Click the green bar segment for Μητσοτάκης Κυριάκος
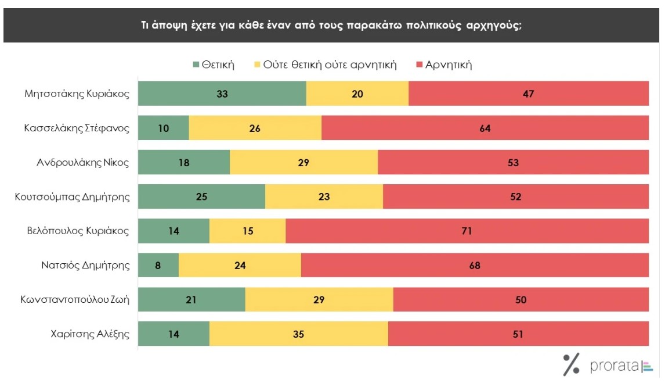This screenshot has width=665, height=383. [x=222, y=94]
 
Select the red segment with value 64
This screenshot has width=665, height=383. [x=485, y=128]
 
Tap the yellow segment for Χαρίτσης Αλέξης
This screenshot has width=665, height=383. [x=298, y=334]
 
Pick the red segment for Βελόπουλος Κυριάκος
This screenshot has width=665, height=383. [x=467, y=231]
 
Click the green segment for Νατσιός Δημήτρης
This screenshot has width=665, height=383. [x=158, y=266]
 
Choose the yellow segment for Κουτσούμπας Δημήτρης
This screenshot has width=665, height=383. [x=324, y=197]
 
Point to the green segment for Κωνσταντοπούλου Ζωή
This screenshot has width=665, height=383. [x=191, y=300]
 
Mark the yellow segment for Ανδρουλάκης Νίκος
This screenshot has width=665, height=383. [x=303, y=163]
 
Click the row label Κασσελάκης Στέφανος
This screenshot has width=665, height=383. [x=77, y=128]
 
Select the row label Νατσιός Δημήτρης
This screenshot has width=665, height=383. [x=85, y=266]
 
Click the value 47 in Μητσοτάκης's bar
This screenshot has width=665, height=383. [x=528, y=94]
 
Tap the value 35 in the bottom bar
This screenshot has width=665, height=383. [x=298, y=334]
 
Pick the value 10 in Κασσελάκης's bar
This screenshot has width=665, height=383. [x=163, y=128]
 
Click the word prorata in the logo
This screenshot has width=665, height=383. [x=615, y=366]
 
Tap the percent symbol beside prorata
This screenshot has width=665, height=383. [x=571, y=364]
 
